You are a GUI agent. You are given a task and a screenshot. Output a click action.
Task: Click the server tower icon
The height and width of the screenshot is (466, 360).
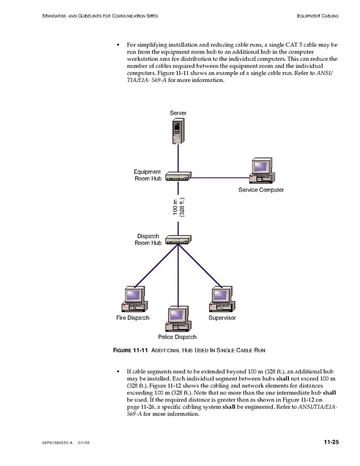[178, 131]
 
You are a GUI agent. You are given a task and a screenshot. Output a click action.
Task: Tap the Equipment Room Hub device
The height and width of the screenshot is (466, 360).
[178, 176]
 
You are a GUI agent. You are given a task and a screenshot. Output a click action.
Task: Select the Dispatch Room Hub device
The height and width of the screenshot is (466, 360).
[178, 240]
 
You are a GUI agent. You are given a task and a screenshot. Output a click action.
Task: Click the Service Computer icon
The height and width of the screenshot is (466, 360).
[261, 171]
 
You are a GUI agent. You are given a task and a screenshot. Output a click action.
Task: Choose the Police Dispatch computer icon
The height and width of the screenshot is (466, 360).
[178, 319]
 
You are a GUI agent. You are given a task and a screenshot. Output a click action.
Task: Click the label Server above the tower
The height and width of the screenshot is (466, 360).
[178, 113]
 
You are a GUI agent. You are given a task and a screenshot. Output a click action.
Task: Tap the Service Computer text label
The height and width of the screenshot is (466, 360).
[261, 190]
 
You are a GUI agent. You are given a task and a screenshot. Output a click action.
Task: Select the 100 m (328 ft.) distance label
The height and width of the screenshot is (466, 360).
[178, 207]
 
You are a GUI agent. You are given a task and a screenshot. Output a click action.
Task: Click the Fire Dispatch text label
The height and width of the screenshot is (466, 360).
[133, 318]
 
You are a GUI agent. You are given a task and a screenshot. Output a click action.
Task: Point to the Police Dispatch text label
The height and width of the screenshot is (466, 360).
[177, 337]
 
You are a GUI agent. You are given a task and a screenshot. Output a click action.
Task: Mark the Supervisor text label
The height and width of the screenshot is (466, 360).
[222, 318]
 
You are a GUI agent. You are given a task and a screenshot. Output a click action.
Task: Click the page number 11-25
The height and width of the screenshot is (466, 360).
[330, 442]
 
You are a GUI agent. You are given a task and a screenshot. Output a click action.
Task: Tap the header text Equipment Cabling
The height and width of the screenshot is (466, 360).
[317, 16]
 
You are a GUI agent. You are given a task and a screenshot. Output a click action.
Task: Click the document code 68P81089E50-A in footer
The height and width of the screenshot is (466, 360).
[57, 443]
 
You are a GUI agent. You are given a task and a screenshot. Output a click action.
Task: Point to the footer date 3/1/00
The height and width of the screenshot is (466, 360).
[85, 443]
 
